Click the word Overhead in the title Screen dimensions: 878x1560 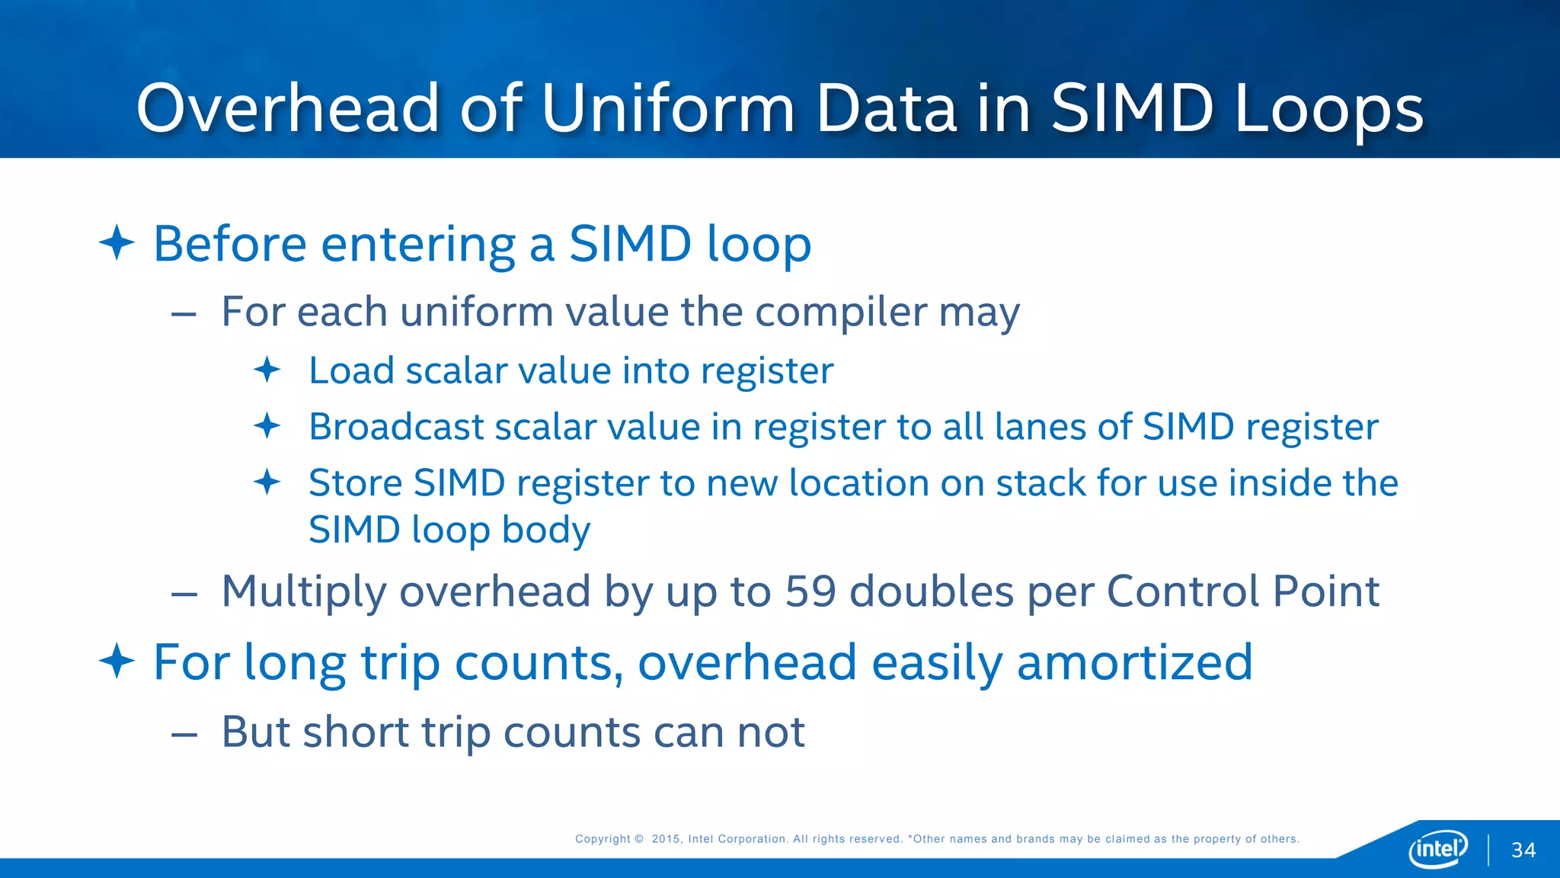point(288,108)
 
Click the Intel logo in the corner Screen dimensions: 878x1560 point(1438,848)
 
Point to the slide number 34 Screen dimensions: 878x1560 point(1523,851)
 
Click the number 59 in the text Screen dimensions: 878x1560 point(810,591)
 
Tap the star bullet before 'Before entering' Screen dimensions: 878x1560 point(117,243)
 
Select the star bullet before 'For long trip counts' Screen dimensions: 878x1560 point(117,661)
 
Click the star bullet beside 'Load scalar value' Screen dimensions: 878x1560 point(267,370)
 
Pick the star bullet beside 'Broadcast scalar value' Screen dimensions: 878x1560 point(267,426)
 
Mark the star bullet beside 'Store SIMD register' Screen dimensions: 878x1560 point(267,482)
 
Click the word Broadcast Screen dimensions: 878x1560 point(396,426)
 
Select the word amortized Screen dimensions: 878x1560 point(1134,662)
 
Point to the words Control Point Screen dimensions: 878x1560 point(1242,591)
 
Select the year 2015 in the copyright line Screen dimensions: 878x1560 point(666,839)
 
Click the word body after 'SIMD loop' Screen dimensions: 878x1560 point(546,530)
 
